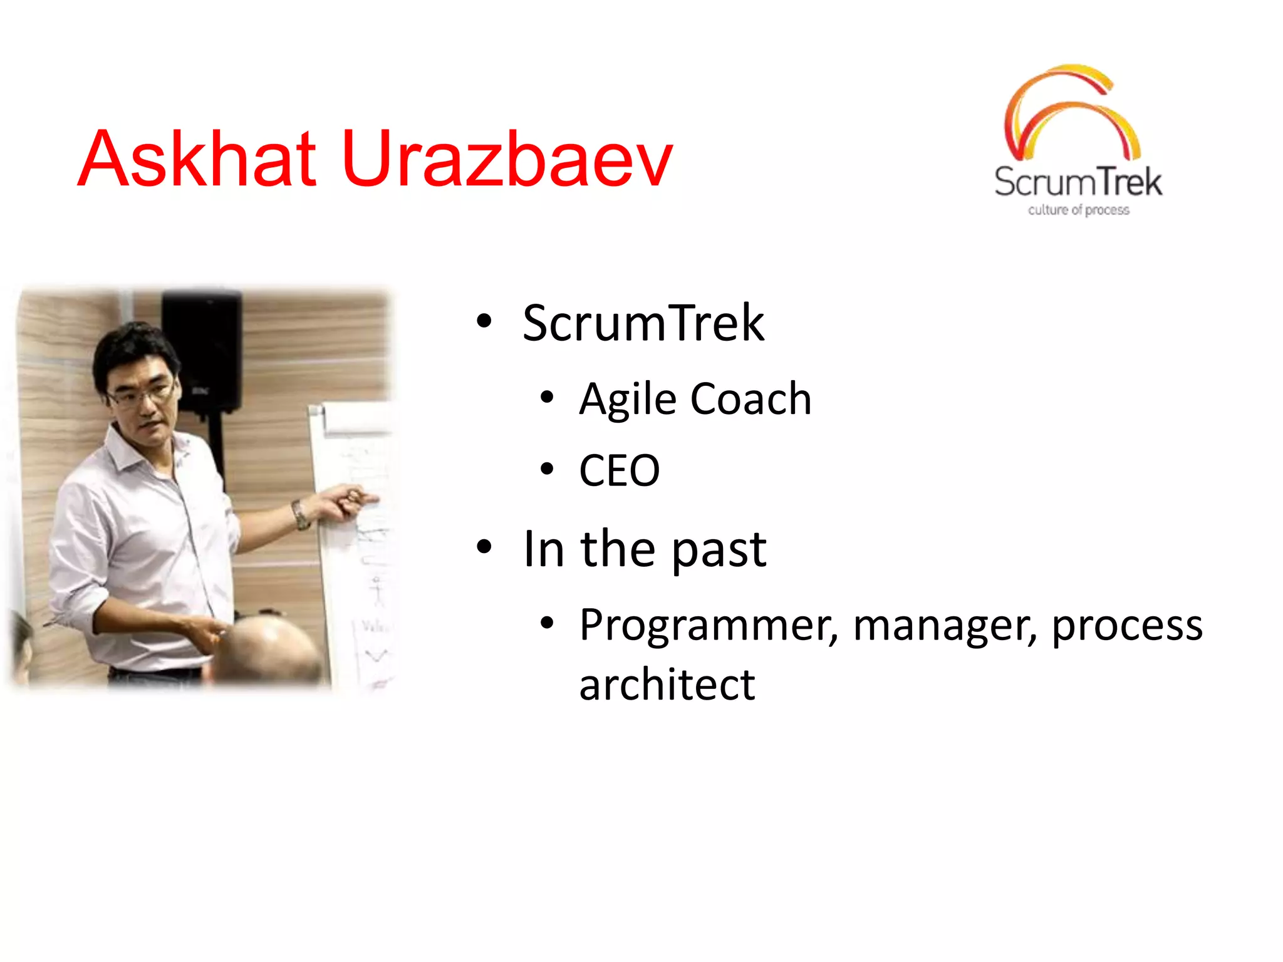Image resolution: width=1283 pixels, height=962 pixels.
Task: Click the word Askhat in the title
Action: [x=197, y=159]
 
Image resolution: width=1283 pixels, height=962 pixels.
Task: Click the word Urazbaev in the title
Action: [x=507, y=159]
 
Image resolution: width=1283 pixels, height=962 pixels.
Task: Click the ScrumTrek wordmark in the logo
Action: [x=1078, y=182]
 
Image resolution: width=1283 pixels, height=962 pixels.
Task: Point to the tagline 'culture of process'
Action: [x=1078, y=210]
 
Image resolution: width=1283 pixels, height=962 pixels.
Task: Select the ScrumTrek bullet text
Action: [x=643, y=323]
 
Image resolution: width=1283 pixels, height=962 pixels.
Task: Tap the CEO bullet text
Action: [x=619, y=471]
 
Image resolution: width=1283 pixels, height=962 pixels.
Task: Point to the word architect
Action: [x=667, y=685]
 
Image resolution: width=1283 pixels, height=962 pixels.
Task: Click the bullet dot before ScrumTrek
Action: [x=484, y=321]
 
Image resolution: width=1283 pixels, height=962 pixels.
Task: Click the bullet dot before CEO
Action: [x=547, y=469]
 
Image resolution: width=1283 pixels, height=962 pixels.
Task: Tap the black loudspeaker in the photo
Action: [x=202, y=351]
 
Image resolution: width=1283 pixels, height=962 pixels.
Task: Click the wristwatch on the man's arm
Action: [x=300, y=515]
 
